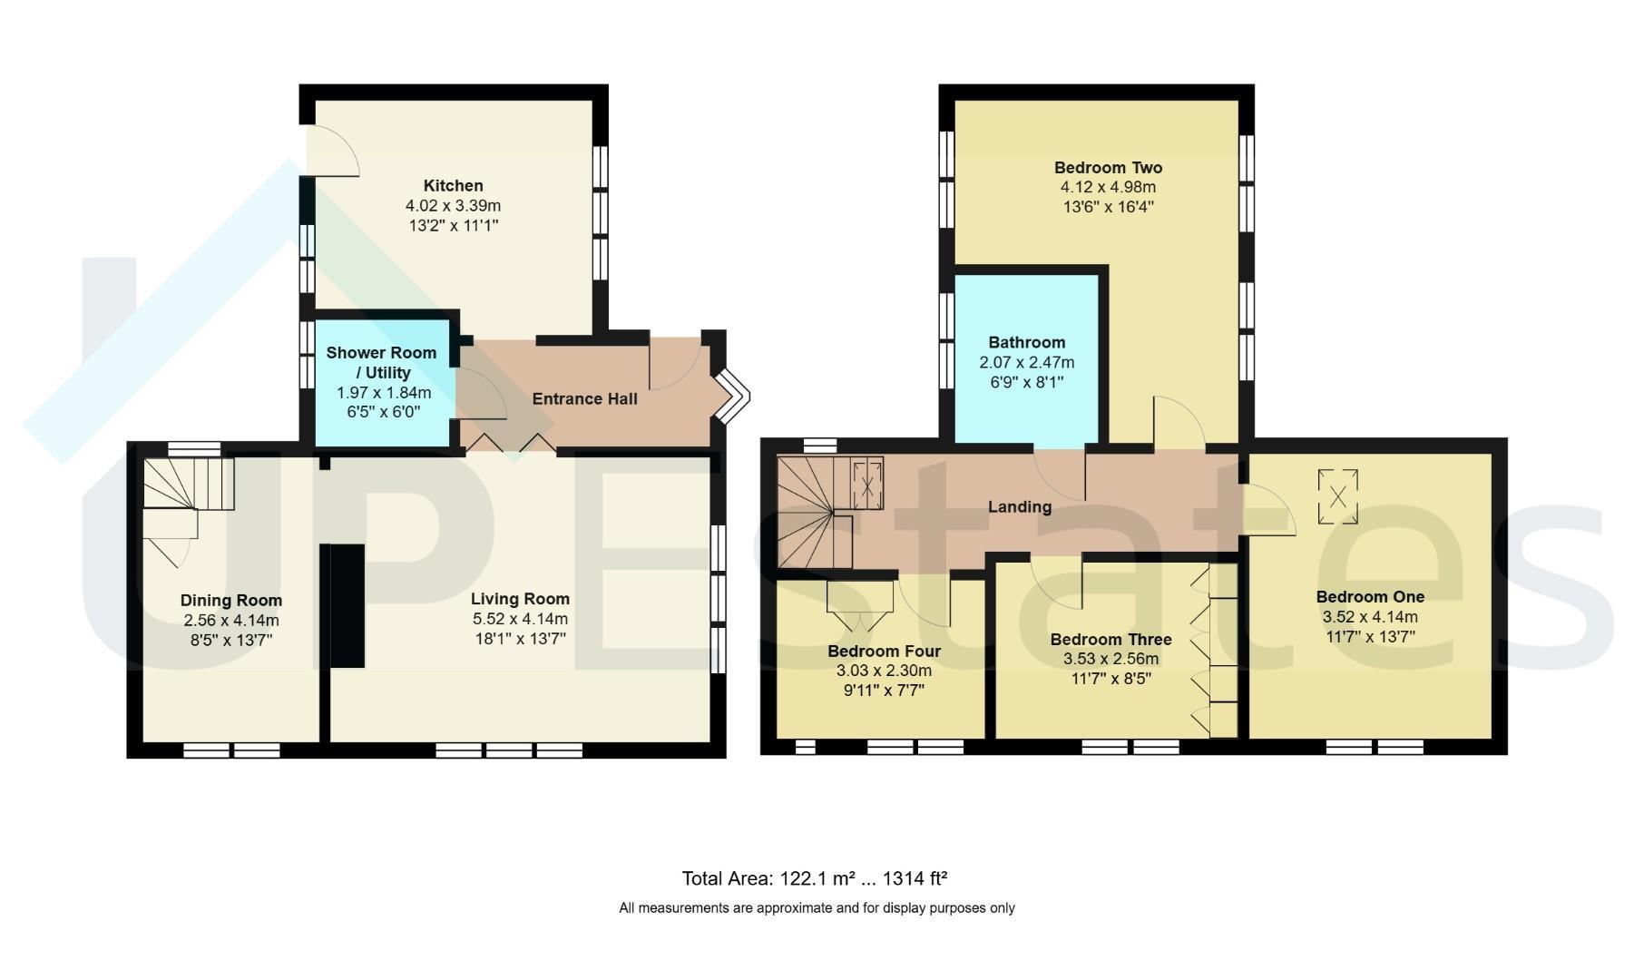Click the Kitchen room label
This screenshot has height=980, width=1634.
453,186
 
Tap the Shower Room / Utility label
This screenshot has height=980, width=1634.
381,362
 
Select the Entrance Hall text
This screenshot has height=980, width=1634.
584,398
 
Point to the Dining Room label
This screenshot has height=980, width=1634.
231,600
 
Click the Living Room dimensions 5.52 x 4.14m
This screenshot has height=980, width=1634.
520,619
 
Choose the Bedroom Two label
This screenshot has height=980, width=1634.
1108,168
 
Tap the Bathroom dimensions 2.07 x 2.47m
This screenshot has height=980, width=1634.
1026,362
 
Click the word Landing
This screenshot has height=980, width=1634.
1020,506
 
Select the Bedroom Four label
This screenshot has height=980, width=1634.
884,651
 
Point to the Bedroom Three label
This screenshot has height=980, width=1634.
1111,640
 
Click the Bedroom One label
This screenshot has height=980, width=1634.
1370,596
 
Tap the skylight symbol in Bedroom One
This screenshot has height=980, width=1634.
1337,496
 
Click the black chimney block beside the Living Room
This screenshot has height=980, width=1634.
347,605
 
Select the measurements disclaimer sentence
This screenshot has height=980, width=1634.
817,907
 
